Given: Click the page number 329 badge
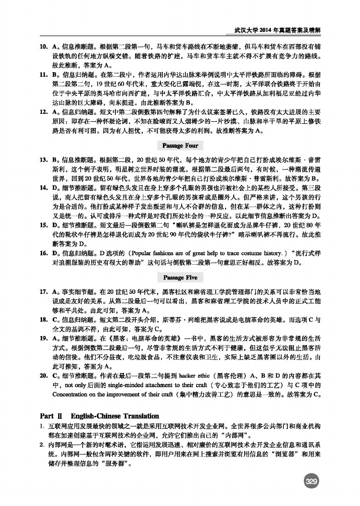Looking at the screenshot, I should (x=311, y=482).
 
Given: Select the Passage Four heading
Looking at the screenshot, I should (x=181, y=145).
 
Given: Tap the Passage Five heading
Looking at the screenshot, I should (x=181, y=277).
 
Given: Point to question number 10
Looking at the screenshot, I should (x=44, y=46).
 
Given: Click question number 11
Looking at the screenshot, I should (x=44, y=74).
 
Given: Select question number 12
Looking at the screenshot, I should (x=44, y=110).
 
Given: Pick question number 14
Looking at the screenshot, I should (x=44, y=187).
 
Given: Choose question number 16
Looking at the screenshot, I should (x=44, y=252).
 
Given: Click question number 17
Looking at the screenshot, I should (x=44, y=291).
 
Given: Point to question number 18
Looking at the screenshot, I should (x=44, y=319).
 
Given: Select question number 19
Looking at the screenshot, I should (x=44, y=338).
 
